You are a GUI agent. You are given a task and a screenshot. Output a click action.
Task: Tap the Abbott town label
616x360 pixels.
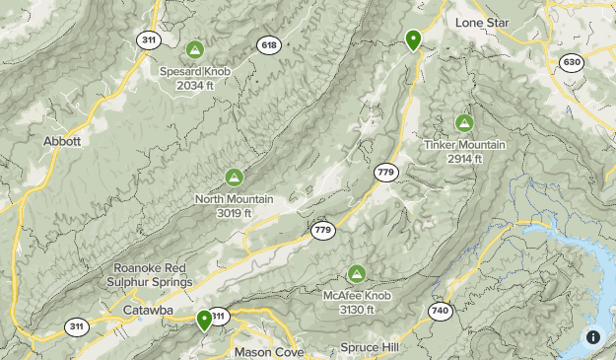click(61, 141)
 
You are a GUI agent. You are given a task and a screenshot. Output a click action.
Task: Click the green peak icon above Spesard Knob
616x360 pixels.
click(194, 49)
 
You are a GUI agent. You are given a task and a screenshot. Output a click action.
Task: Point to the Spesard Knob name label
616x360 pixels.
click(194, 71)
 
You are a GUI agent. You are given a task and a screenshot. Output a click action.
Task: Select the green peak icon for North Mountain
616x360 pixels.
click(234, 178)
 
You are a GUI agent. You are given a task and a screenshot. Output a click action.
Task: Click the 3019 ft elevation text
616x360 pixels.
click(234, 213)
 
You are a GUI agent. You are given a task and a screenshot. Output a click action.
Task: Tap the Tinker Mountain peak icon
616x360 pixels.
click(463, 123)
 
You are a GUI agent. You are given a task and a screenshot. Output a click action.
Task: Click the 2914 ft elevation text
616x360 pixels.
click(463, 159)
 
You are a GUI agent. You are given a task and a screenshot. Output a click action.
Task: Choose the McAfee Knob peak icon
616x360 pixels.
click(357, 273)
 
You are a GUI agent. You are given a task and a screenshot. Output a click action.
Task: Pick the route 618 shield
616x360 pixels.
click(268, 44)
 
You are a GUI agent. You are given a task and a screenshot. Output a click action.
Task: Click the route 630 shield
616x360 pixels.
click(571, 62)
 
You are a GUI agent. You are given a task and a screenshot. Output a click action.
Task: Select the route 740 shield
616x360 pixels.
click(440, 311)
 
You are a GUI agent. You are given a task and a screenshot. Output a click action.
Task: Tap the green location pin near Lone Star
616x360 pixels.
click(413, 40)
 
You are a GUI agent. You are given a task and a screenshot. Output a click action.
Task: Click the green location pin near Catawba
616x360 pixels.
click(204, 320)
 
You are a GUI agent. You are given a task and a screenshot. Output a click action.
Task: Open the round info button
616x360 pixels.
click(592, 337)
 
